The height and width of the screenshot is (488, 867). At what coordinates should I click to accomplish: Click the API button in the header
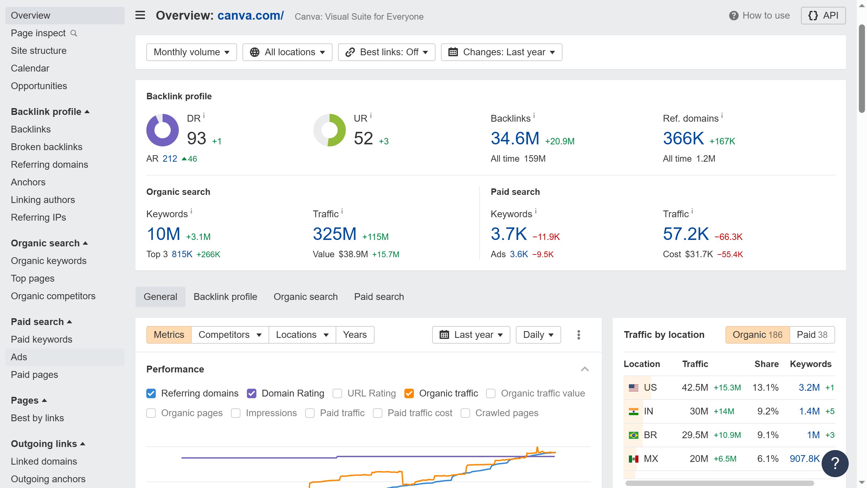[823, 16]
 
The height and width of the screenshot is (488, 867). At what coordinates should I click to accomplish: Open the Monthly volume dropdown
[191, 52]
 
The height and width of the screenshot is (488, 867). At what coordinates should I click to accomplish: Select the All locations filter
[287, 52]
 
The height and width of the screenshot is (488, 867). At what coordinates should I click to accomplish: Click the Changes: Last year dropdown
[501, 52]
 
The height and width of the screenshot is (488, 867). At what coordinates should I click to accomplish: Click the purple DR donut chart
[163, 130]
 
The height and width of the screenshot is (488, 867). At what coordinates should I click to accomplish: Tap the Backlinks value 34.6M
[515, 139]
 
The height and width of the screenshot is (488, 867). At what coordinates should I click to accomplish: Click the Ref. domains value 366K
[683, 139]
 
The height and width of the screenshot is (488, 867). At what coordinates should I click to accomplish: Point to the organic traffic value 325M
[334, 234]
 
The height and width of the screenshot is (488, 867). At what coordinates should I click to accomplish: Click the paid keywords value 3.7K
[509, 234]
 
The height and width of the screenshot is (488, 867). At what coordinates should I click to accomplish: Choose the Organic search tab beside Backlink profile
[305, 297]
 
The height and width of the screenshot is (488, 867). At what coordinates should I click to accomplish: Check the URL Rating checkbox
[337, 393]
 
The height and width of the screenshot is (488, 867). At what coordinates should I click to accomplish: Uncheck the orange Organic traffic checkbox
[409, 393]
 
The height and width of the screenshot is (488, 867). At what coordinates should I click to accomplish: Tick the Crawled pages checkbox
[465, 413]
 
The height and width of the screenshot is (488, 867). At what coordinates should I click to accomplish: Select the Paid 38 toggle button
[812, 335]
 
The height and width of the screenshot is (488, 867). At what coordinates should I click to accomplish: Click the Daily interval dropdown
[538, 335]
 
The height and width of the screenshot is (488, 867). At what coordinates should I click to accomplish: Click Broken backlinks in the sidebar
[46, 147]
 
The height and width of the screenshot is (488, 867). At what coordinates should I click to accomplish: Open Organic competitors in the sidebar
[53, 296]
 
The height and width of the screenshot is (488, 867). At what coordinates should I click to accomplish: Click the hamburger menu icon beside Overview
[140, 15]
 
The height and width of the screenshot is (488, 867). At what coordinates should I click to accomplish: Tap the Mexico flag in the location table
[633, 459]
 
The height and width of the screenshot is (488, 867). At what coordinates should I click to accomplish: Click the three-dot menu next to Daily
[579, 335]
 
